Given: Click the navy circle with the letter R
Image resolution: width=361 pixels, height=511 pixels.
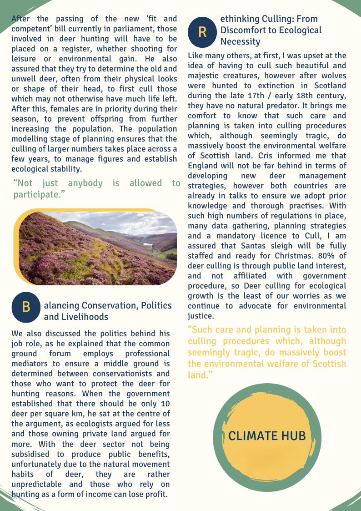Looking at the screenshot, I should tap(202, 31).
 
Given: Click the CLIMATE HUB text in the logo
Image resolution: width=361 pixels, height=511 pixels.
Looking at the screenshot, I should tap(266, 436).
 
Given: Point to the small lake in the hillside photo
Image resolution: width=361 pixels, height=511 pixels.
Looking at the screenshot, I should tap(148, 244).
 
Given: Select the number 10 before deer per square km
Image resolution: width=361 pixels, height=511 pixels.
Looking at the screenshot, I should tap(165, 403).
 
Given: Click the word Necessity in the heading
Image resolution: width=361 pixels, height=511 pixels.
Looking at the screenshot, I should tap(240, 42).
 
